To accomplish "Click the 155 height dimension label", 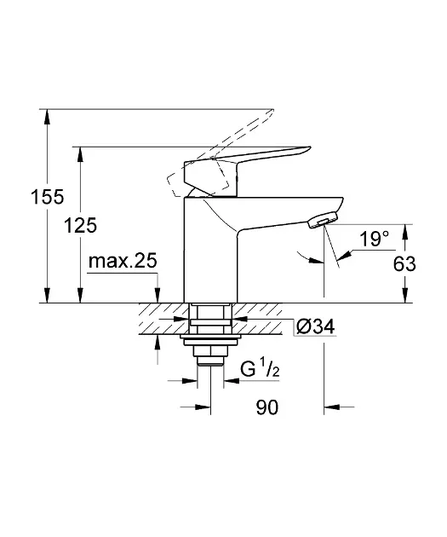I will point(28,198).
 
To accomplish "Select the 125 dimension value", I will point(81,226).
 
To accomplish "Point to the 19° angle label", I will point(373,240).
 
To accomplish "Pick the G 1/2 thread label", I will point(260,371).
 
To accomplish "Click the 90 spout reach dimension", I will point(267,408).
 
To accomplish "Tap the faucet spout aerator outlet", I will point(317,223).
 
